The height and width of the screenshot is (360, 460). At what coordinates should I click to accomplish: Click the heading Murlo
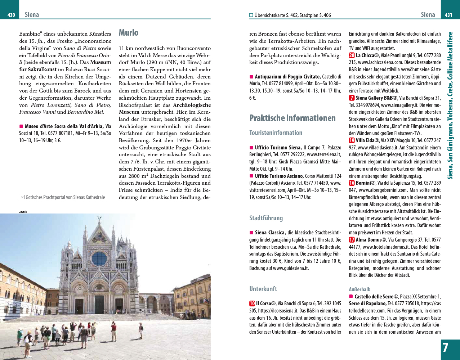[x=129, y=33]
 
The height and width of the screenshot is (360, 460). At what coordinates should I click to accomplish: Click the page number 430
[x=11, y=15]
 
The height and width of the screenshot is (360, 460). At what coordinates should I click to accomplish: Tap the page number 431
[x=448, y=15]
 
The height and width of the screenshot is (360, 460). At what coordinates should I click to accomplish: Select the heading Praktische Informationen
[x=292, y=118]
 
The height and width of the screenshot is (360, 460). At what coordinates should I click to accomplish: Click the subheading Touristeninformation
[x=276, y=133]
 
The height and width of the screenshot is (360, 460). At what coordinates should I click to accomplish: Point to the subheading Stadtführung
[x=266, y=218]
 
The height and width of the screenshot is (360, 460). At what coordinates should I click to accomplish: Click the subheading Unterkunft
[x=263, y=289]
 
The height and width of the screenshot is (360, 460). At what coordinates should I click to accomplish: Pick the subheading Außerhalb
[x=359, y=289]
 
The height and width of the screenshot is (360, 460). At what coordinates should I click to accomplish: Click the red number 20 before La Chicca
[x=352, y=55]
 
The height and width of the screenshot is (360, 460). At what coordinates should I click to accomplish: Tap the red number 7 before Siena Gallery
[x=352, y=98]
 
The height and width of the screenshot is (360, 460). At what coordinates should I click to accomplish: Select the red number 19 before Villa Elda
[x=352, y=140]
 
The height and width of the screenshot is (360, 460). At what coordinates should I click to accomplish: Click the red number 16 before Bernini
[x=352, y=183]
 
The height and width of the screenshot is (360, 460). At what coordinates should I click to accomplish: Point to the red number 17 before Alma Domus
[x=352, y=240]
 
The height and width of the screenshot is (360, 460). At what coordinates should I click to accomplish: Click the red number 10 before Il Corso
[x=252, y=303]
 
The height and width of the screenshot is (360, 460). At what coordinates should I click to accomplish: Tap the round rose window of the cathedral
[x=99, y=258]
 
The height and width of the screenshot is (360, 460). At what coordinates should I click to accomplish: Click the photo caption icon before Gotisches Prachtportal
[x=22, y=197]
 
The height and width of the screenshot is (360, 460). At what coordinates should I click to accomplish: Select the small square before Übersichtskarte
[x=251, y=15]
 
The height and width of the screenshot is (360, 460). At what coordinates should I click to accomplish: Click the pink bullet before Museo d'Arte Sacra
[x=21, y=126]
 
